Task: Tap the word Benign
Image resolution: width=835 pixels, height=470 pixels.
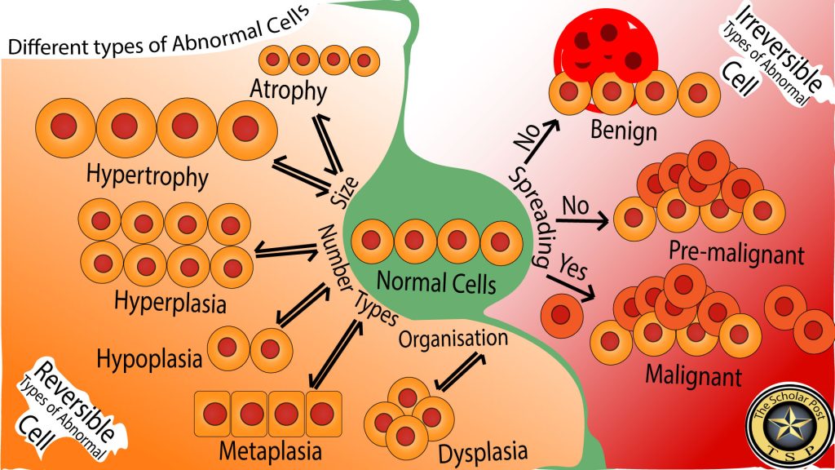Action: (623, 131)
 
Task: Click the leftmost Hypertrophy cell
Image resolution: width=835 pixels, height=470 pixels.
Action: (64, 126)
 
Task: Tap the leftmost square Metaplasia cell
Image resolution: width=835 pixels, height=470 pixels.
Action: (214, 414)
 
